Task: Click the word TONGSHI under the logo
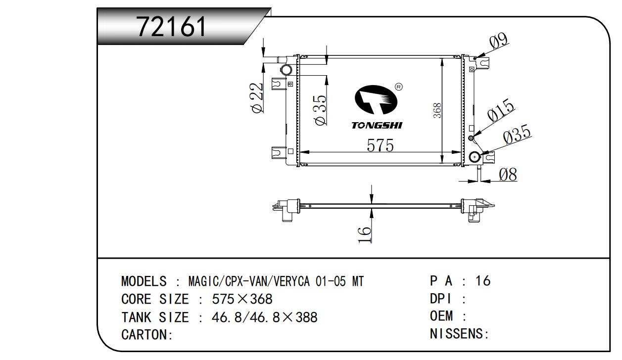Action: point(377,126)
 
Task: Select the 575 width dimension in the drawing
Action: point(380,145)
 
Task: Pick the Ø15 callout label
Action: point(501,112)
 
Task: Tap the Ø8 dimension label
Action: point(508,175)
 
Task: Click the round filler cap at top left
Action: point(286,70)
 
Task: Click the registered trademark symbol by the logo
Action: point(399,87)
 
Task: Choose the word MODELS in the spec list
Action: point(144,282)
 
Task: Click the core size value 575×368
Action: point(242,299)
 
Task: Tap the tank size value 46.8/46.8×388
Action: point(264,317)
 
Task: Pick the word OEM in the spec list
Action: point(441,316)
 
